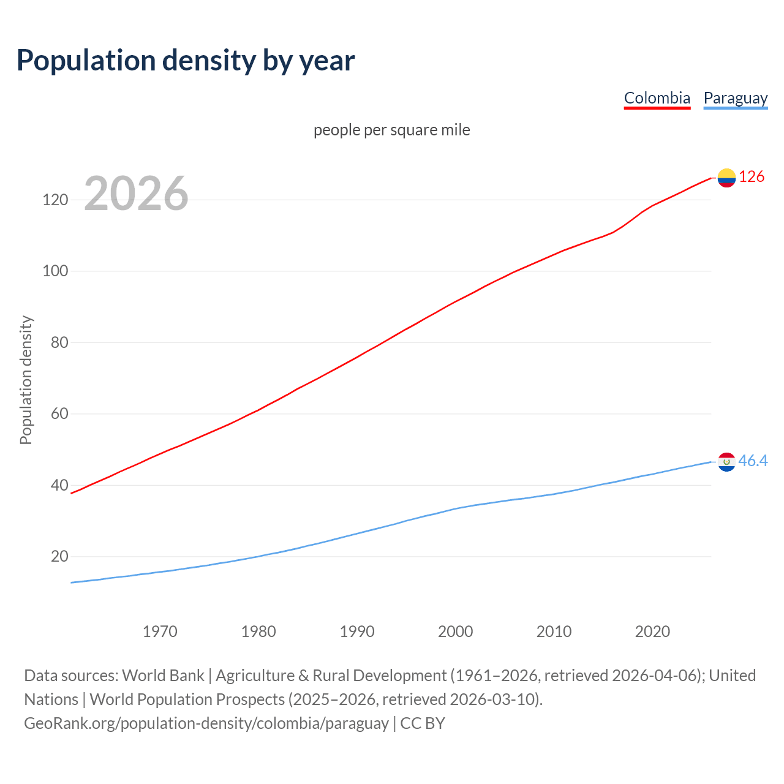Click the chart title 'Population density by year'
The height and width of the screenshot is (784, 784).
point(186,61)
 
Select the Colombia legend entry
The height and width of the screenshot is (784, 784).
point(657,98)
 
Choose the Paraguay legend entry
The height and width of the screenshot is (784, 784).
point(735,98)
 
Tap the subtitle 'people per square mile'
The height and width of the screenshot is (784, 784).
point(391,130)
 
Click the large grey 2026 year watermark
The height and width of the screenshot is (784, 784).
point(136,194)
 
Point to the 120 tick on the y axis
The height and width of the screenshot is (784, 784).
point(55,200)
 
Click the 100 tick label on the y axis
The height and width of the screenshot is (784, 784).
point(55,271)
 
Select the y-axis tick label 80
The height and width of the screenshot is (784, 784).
point(59,342)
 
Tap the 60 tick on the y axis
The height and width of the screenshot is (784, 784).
point(59,414)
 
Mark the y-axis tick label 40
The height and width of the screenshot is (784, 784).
point(59,485)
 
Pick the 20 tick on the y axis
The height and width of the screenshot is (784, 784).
point(59,557)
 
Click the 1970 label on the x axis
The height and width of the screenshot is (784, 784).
point(160,631)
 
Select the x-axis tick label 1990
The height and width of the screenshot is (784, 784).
point(357,631)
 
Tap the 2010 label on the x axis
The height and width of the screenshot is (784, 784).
point(554,631)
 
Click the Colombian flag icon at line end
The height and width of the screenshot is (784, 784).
point(726,178)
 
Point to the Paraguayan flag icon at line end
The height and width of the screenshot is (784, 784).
point(726,462)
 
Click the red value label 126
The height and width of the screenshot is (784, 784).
point(752,177)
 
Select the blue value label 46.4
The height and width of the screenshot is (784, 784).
point(753,461)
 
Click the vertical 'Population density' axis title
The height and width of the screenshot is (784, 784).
point(26,380)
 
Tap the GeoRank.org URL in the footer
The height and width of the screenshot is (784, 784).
point(206,723)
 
